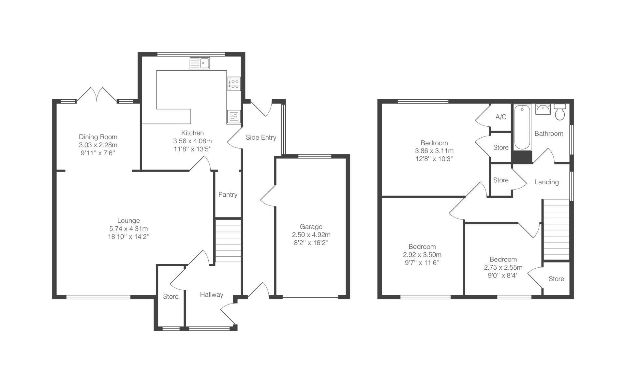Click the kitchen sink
(200, 63)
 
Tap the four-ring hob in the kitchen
(234, 83)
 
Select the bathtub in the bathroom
(522, 127)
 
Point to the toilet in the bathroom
(560, 112)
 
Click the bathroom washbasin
(543, 109)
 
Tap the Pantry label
(228, 194)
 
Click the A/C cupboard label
(501, 117)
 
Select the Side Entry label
(261, 137)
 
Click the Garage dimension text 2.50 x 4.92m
(311, 235)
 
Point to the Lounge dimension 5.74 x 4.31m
(128, 229)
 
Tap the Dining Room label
(98, 137)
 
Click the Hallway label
(212, 295)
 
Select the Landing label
(546, 182)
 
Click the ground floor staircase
(228, 241)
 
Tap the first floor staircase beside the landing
(556, 230)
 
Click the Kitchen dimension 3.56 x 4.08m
(192, 141)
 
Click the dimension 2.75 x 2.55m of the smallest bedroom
(503, 267)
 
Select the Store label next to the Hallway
(171, 297)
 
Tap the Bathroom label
(549, 134)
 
